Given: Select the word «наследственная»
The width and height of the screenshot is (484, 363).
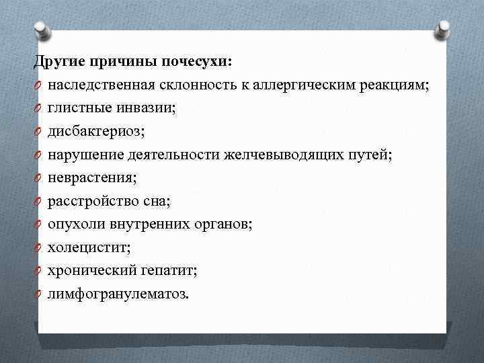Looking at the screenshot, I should pos(102,86).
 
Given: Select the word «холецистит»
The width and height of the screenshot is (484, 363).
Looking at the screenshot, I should pos(85,247).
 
